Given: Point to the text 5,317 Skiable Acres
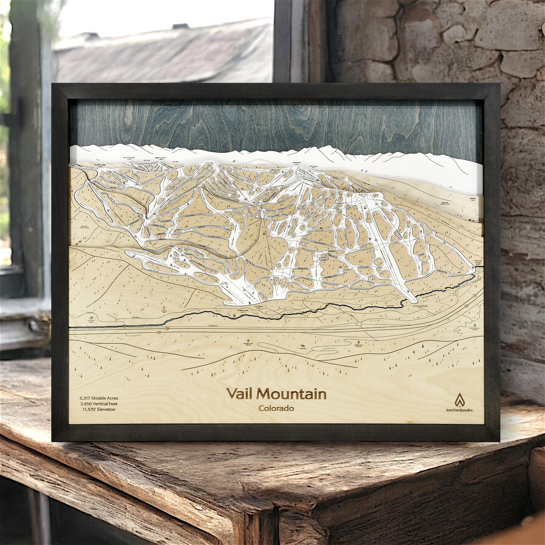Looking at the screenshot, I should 99,398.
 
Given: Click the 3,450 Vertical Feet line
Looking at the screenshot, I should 99,404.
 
